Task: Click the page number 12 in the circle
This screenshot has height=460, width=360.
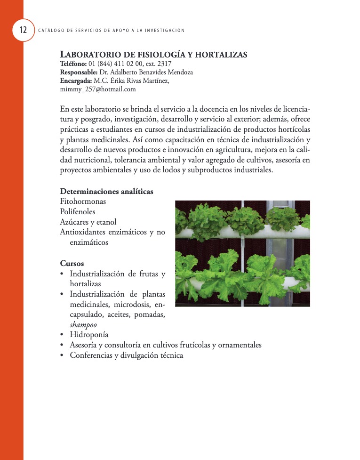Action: (23, 31)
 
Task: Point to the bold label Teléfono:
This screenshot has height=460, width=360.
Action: (73, 64)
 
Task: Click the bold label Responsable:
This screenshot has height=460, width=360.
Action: (79, 73)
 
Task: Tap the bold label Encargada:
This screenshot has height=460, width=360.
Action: (76, 81)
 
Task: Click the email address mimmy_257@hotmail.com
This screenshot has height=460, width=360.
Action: (98, 89)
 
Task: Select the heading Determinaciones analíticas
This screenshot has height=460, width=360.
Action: (106, 192)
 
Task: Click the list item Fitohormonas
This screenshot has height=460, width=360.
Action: (83, 202)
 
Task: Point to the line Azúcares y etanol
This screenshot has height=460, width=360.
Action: (88, 222)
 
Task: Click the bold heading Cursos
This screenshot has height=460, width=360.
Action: (72, 263)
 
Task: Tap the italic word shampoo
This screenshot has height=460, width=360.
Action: (83, 325)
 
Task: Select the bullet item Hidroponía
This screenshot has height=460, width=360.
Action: (89, 335)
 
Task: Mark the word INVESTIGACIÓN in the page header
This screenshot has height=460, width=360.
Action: (164, 31)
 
